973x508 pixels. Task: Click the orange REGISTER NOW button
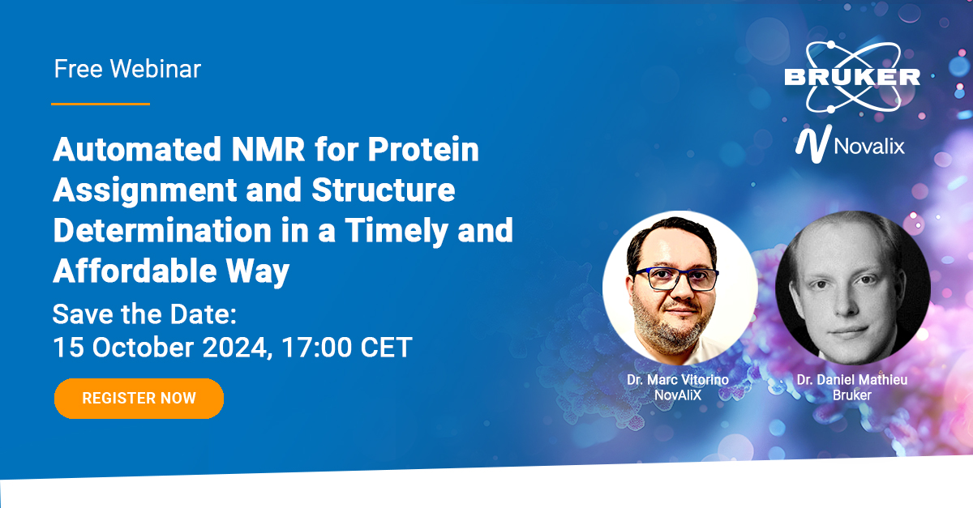pyautogui.click(x=139, y=398)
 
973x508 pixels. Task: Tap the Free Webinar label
pyautogui.click(x=127, y=69)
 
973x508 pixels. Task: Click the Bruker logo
pyautogui.click(x=851, y=77)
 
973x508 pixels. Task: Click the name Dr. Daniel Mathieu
pyautogui.click(x=852, y=379)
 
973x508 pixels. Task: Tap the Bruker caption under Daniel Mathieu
pyautogui.click(x=852, y=395)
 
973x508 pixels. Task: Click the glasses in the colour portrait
pyautogui.click(x=677, y=279)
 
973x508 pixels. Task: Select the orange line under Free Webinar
pyautogui.click(x=101, y=104)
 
